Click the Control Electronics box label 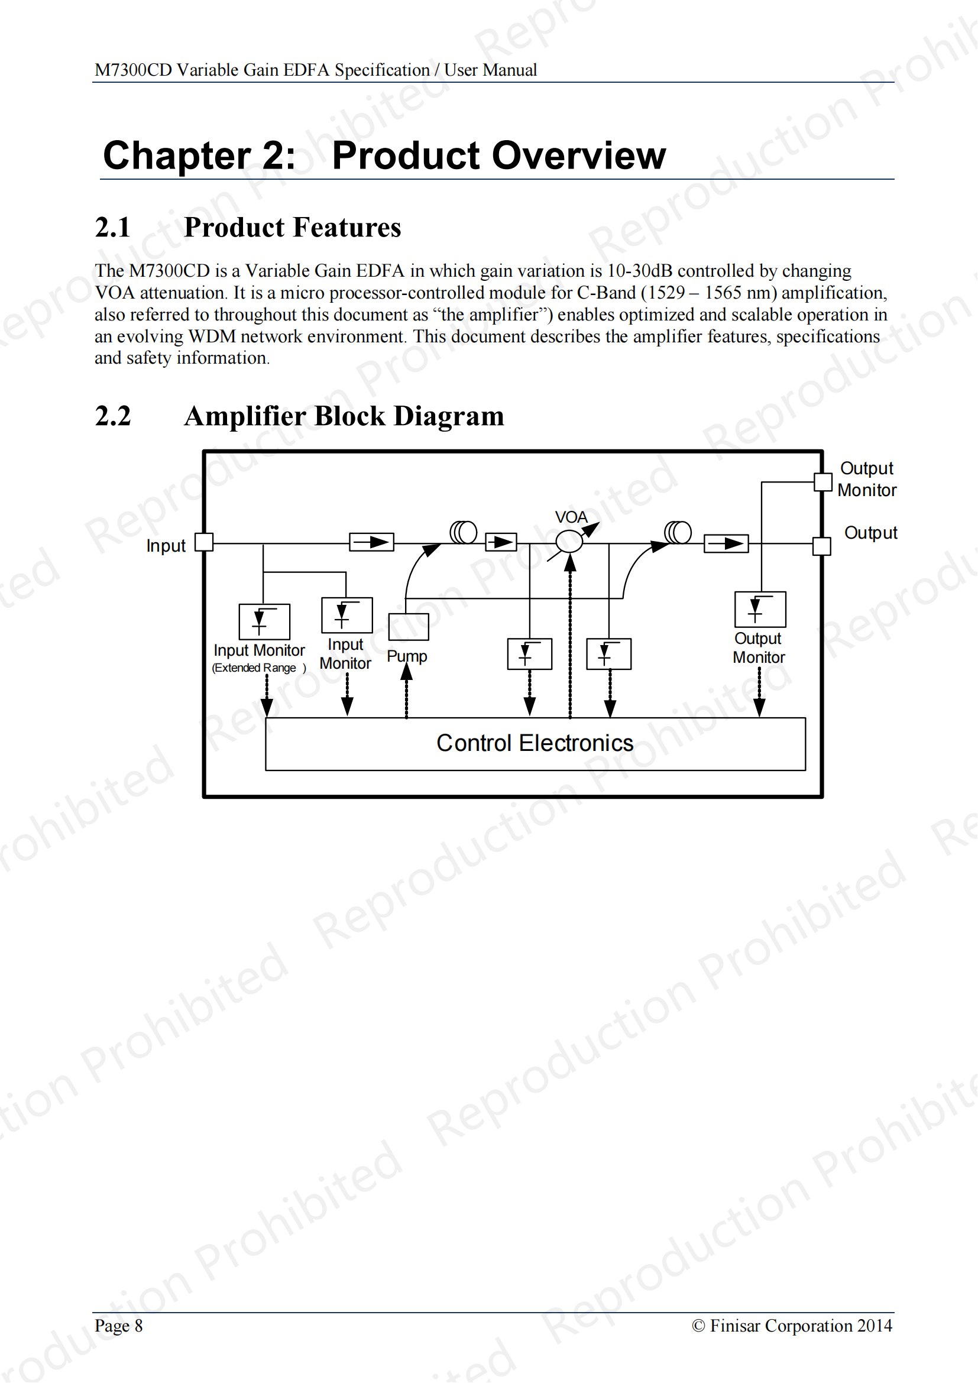(x=535, y=743)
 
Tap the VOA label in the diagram (x=571, y=517)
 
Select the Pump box (x=409, y=627)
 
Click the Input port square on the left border (x=204, y=542)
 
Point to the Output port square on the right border (x=821, y=546)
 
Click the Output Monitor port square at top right (x=822, y=482)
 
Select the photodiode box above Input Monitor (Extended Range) (x=264, y=621)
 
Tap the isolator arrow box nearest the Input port (x=371, y=542)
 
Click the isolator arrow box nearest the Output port (x=726, y=543)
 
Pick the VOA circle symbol (x=569, y=541)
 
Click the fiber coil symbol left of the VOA (x=463, y=533)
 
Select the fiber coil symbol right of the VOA (x=678, y=533)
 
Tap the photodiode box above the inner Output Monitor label (x=760, y=610)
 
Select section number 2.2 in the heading (x=113, y=416)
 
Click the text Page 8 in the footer (x=119, y=1326)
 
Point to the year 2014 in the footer (x=875, y=1326)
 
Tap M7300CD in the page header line (x=133, y=70)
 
